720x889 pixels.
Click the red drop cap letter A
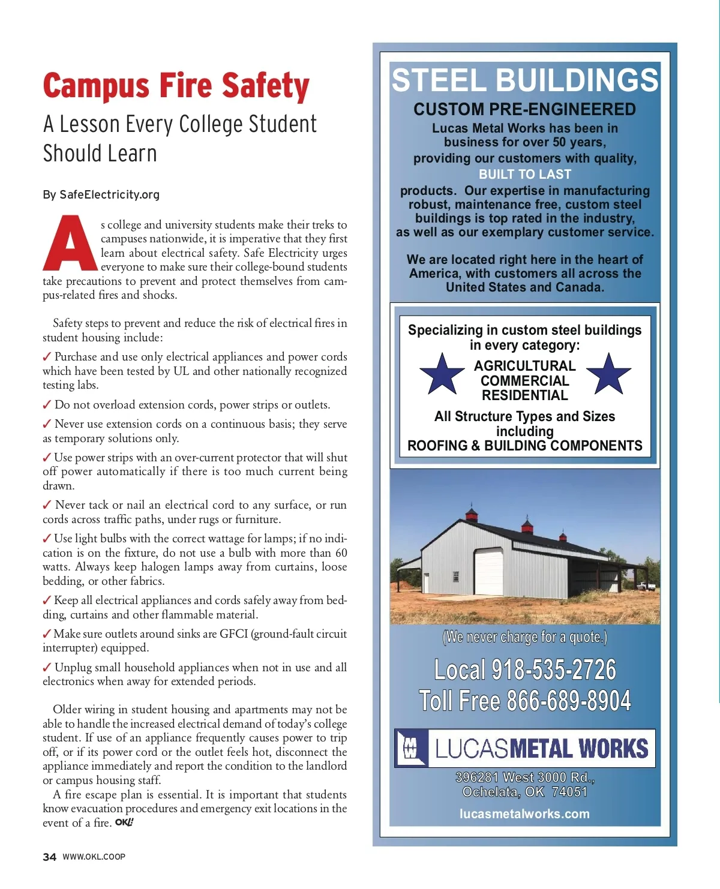(x=70, y=243)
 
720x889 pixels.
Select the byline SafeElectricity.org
(x=109, y=194)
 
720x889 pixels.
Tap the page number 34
(x=49, y=857)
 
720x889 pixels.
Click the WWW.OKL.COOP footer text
(x=94, y=857)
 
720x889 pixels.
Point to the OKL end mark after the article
(x=124, y=822)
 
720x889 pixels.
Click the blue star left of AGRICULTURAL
(x=442, y=374)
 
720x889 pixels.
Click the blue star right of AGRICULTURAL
(x=608, y=374)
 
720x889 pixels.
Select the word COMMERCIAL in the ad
(x=524, y=381)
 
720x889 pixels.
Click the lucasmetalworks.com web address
(x=524, y=814)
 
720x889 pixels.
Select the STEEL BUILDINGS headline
(x=524, y=80)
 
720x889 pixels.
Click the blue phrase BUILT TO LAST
(x=524, y=175)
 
